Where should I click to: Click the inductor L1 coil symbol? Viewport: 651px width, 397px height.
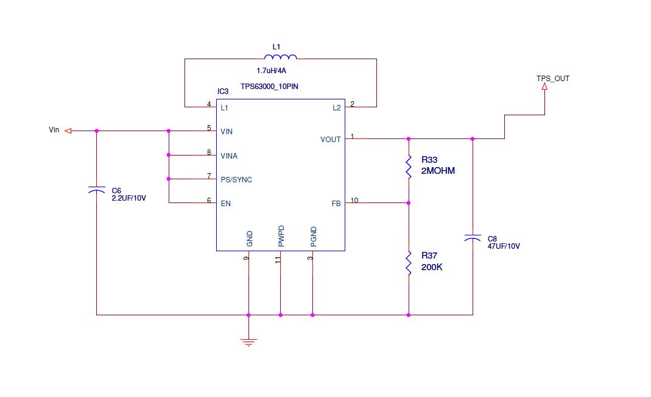pyautogui.click(x=281, y=57)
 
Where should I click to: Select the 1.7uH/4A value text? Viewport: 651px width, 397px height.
pyautogui.click(x=272, y=71)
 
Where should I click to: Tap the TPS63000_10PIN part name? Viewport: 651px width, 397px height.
pyautogui.click(x=269, y=87)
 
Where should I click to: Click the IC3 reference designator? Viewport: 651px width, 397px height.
pyautogui.click(x=223, y=91)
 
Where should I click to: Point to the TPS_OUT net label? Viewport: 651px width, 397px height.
pyautogui.click(x=552, y=79)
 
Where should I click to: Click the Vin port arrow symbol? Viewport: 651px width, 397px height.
pyautogui.click(x=69, y=131)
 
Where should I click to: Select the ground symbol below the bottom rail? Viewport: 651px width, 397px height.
pyautogui.click(x=248, y=342)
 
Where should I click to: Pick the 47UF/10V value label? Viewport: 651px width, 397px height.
pyautogui.click(x=504, y=246)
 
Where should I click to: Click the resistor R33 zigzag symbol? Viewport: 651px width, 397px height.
pyautogui.click(x=409, y=167)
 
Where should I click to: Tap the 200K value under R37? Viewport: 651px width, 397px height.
pyautogui.click(x=431, y=267)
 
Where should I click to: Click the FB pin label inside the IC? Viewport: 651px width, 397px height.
pyautogui.click(x=336, y=204)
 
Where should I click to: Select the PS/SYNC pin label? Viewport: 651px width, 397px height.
pyautogui.click(x=236, y=180)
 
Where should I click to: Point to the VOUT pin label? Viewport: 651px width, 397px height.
pyautogui.click(x=331, y=140)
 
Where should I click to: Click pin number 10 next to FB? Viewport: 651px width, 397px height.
pyautogui.click(x=354, y=200)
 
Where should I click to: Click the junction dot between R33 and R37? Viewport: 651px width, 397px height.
pyautogui.click(x=409, y=203)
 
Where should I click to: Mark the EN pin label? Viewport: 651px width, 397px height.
pyautogui.click(x=225, y=204)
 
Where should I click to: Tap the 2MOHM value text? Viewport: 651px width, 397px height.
pyautogui.click(x=438, y=171)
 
